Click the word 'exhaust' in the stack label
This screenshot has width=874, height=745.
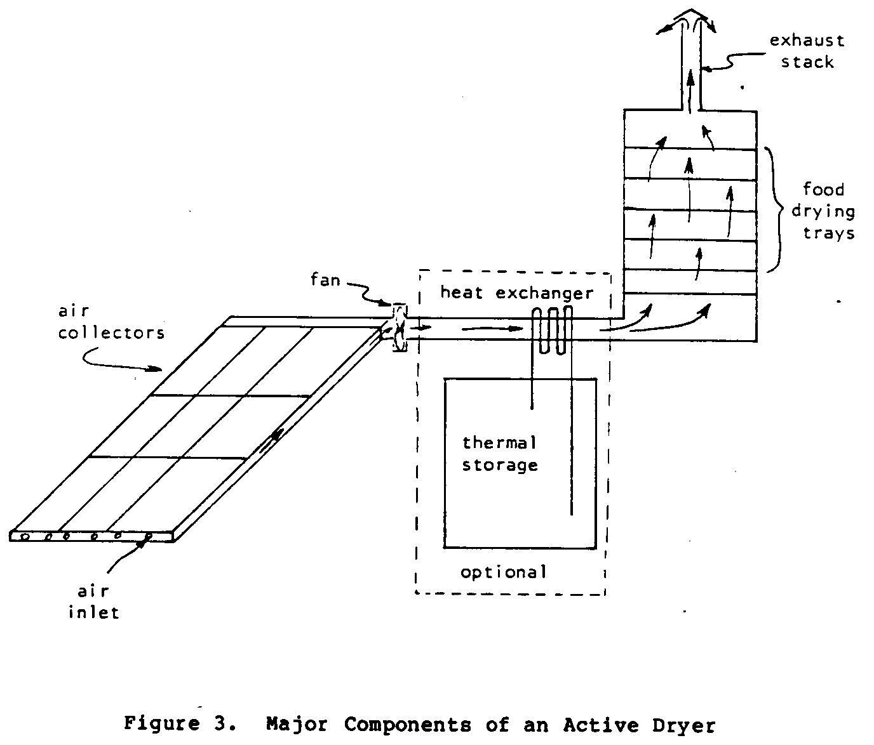coord(807,41)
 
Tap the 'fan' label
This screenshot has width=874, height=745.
coord(325,279)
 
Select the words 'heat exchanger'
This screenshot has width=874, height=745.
coord(516,293)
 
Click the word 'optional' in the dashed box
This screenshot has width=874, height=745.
coord(503,572)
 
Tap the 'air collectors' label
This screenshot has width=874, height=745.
coord(111,322)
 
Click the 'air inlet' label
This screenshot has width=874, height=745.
coord(93,602)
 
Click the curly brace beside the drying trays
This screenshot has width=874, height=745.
coord(776,210)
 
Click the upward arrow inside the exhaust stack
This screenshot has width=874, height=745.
coord(690,89)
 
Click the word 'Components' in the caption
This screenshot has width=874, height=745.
coord(404,724)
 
